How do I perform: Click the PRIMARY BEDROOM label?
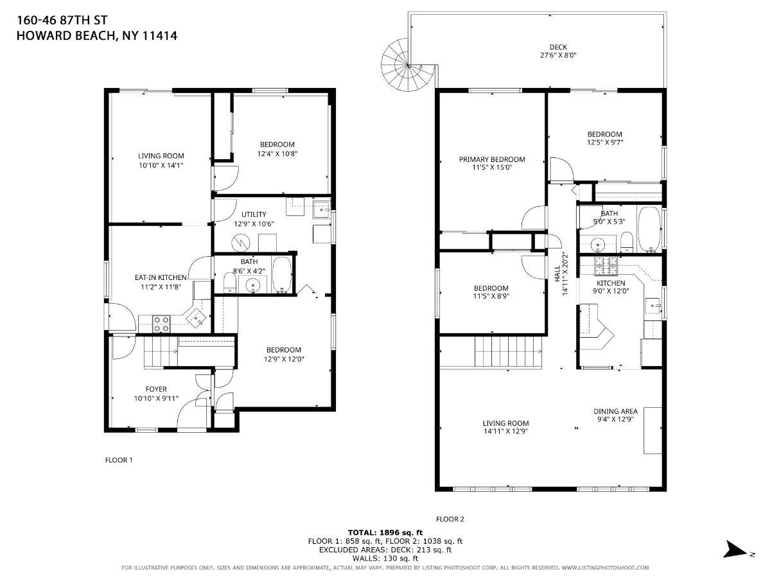pos(491,159)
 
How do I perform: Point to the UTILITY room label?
pos(254,214)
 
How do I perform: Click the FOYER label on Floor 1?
pos(156,389)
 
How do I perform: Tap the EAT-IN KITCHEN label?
pos(161,277)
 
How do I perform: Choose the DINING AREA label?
pos(615,411)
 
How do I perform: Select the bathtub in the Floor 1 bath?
pos(281,275)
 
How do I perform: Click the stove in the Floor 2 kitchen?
pos(606,263)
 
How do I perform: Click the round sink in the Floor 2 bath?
pos(596,243)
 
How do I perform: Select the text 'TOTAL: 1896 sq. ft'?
pos(385,532)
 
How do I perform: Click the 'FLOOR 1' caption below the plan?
pos(118,460)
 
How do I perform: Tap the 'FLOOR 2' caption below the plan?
pos(450,519)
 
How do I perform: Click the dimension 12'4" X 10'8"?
pos(277,153)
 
